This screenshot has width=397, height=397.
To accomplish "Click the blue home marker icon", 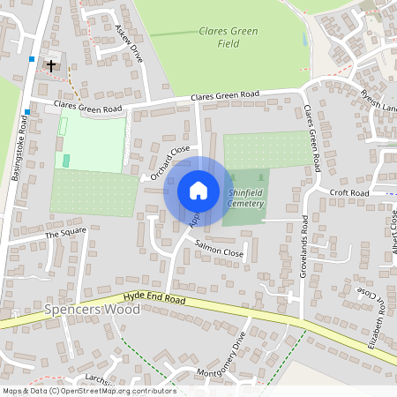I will click(x=198, y=190).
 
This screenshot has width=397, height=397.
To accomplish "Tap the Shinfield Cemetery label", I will click(x=245, y=197).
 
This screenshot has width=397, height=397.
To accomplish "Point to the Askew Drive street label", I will click(x=129, y=42).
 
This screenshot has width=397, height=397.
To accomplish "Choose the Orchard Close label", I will click(x=170, y=163).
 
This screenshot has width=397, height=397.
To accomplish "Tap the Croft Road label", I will click(x=348, y=191).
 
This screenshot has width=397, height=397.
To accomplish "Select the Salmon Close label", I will click(x=219, y=251).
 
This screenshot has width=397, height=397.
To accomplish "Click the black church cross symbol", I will click(x=51, y=65).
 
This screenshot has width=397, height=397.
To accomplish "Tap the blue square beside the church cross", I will click(x=32, y=59).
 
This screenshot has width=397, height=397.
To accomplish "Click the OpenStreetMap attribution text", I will click(x=88, y=391).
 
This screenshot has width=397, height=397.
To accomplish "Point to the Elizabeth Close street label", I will click(x=376, y=318).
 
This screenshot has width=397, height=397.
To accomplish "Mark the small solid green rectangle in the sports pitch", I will click(x=66, y=160).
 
